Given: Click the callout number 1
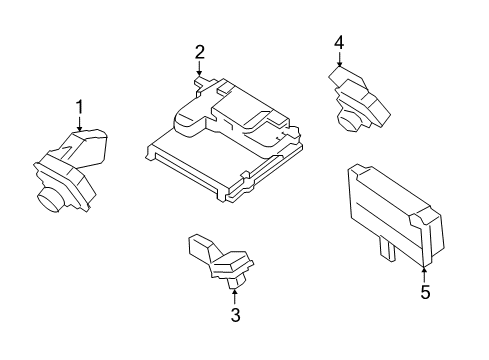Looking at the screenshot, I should [x=80, y=105].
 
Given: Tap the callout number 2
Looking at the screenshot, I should [x=200, y=51].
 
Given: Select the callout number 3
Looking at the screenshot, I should [x=235, y=316].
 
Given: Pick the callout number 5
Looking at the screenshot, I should [x=425, y=293].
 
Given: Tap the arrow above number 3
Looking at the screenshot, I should [x=235, y=296].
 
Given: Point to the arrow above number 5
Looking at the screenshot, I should [x=425, y=273].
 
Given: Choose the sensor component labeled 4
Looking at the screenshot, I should [x=358, y=98].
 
